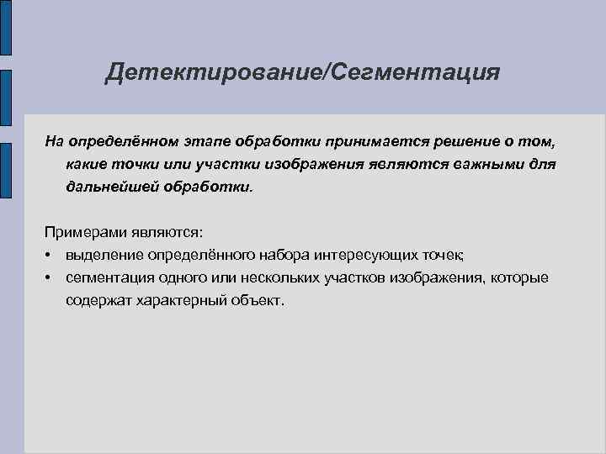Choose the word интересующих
click(x=386, y=255)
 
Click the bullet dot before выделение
click(x=50, y=255)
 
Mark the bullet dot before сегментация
click(x=50, y=277)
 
